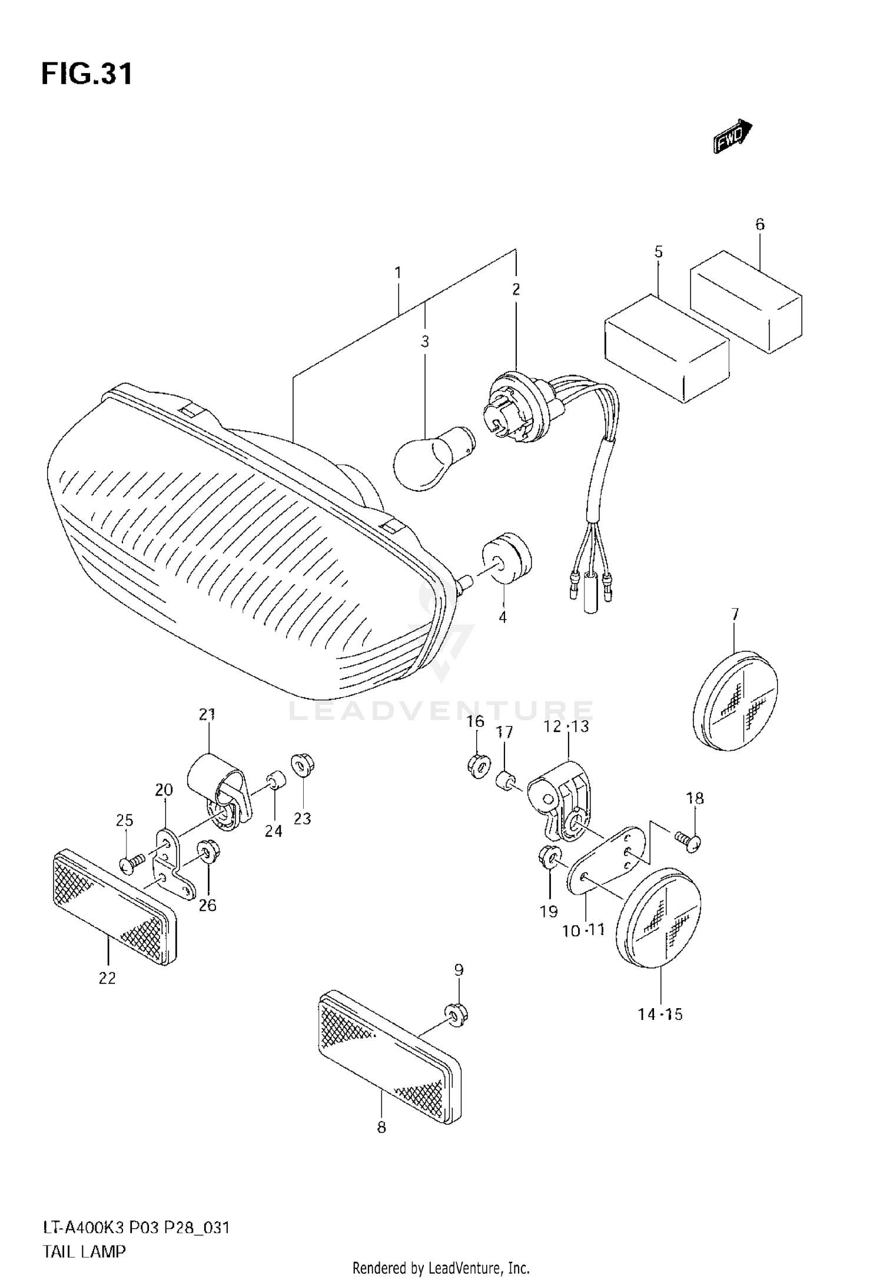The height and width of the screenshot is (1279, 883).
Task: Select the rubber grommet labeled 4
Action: [506, 556]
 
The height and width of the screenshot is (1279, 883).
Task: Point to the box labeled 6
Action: [745, 301]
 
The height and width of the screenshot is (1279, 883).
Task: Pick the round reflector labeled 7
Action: [735, 701]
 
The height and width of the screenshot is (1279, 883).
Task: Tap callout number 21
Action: [207, 714]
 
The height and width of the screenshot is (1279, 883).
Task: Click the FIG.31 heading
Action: [87, 75]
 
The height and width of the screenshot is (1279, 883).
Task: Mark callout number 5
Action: [658, 252]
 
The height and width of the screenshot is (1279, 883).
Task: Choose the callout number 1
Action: [398, 273]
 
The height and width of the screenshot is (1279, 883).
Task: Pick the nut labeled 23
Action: [303, 766]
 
